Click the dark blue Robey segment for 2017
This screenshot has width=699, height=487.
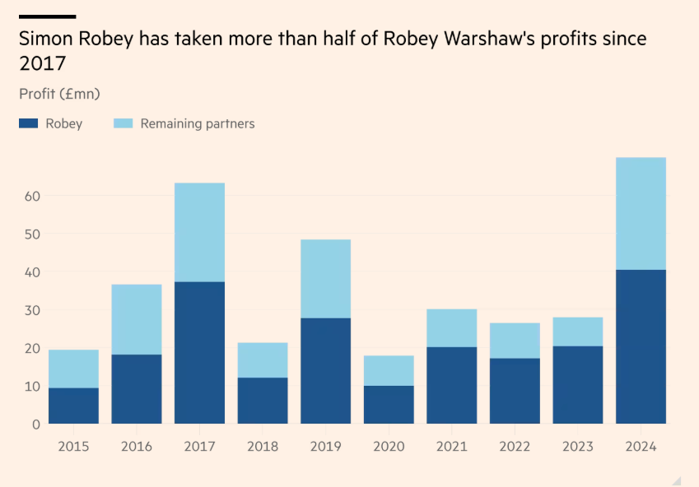point(199,352)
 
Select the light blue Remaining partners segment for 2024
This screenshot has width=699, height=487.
point(641,213)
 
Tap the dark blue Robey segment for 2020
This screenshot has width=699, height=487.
point(389,404)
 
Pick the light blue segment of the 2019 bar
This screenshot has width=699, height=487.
point(325,278)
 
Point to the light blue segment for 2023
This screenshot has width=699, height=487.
point(577,332)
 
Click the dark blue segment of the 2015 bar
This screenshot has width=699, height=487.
point(73,406)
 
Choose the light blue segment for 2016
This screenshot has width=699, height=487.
point(137,319)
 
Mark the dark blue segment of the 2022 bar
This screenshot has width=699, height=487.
point(515,391)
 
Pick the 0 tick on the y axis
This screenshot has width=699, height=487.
point(34,424)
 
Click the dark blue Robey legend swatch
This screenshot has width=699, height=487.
point(29,123)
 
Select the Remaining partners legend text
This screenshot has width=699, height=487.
point(197,123)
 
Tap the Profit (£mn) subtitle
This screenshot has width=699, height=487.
point(59,94)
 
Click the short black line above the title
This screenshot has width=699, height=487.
point(47,16)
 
